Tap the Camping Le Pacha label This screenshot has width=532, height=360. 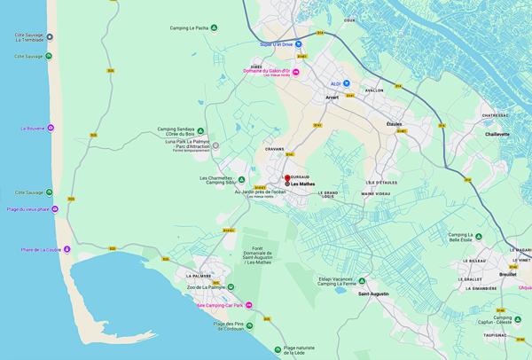189,27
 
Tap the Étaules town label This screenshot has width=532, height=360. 394,124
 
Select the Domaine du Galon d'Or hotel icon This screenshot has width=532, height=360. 297,72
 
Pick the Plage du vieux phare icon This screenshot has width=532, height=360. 55,209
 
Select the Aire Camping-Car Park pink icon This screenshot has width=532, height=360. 249,307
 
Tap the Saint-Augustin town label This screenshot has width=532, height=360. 374,293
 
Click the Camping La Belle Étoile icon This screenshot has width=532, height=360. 479,237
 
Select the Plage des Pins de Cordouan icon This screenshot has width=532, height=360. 249,325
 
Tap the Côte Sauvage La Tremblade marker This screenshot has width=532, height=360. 50,36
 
